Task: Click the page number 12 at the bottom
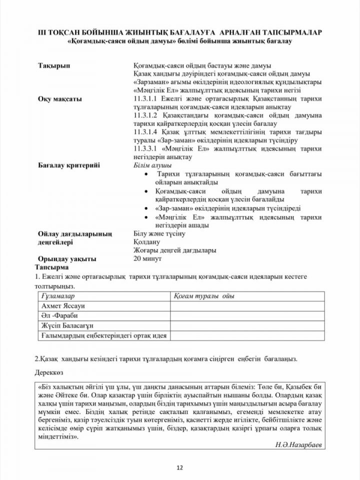[x=179, y=467]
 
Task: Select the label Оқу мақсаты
[x=59, y=99]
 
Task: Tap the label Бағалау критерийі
[x=69, y=165]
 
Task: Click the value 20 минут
[x=148, y=258]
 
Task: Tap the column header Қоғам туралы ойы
[x=204, y=296]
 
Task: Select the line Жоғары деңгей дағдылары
[x=174, y=250]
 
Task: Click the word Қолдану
[x=148, y=241]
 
